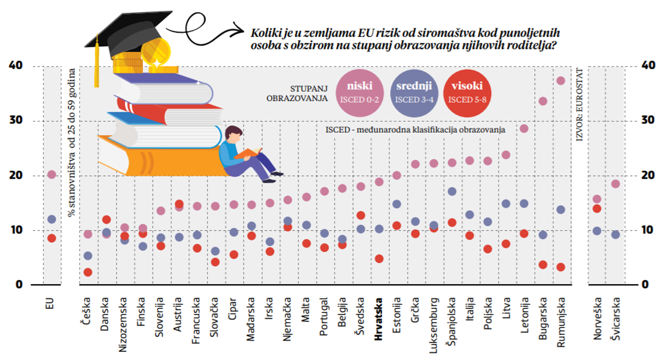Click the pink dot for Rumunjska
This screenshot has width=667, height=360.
[x=561, y=81]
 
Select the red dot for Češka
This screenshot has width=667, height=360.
[x=88, y=272]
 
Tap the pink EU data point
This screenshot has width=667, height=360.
[x=52, y=174]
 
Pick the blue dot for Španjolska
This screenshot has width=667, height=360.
[x=452, y=191]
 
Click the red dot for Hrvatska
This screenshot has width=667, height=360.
[x=379, y=259]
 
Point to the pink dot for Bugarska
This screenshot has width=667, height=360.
[x=543, y=101]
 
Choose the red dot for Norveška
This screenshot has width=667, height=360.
[x=597, y=209]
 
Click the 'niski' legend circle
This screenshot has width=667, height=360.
[x=360, y=93]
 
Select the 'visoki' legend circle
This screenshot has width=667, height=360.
[x=467, y=93]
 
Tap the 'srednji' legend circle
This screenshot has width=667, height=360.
[x=414, y=93]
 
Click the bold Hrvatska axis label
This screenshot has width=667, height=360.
[x=379, y=319]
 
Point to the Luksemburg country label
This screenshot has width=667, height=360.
[x=433, y=325]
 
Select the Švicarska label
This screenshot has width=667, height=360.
[x=615, y=319]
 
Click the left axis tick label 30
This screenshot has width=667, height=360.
[x=16, y=120]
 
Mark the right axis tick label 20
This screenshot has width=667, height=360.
[x=648, y=175]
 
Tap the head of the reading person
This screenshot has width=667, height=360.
[x=233, y=134]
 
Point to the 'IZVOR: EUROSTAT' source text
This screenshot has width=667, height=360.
[x=580, y=104]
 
